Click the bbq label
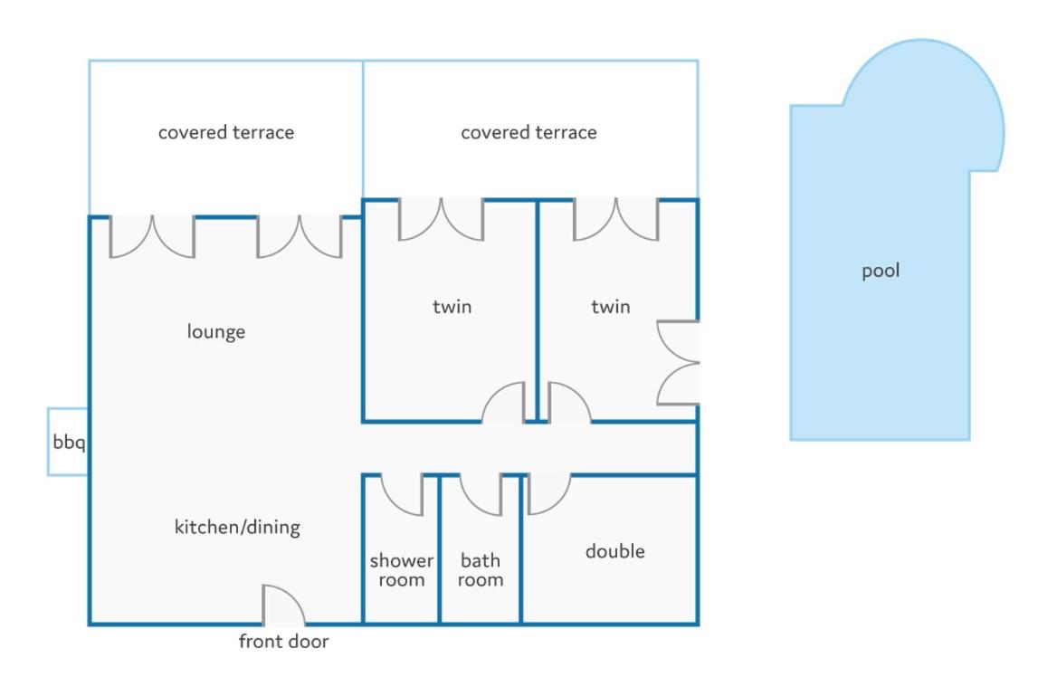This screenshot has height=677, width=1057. point(69,443)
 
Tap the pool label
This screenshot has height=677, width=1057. point(881,271)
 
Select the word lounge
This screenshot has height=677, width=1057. point(215,332)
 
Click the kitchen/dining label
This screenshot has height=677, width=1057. point(237,527)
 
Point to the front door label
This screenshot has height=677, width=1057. point(284,642)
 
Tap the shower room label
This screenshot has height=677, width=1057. point(402,570)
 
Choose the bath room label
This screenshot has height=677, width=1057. point(481,570)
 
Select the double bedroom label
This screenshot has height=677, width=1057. point(614,551)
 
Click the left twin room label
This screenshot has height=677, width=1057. point(452,307)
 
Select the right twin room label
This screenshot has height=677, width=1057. point(611,307)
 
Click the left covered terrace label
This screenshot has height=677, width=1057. point(226,132)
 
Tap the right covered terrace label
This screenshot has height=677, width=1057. point(529,132)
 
